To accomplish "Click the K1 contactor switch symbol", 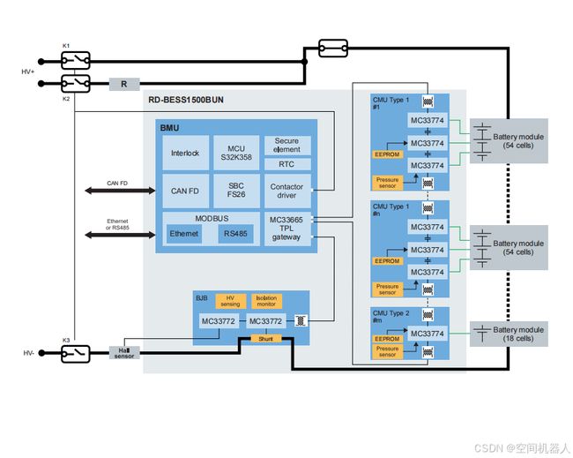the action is pos(75,61).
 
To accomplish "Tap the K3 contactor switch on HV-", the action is pos(75,353).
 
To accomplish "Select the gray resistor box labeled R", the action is pos(124,84).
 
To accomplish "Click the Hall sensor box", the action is pos(124,353).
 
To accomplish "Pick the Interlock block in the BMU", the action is pos(185,153).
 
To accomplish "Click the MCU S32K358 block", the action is pos(236,153).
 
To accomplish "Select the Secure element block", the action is pos(287,146).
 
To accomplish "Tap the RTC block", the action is pos(287,164).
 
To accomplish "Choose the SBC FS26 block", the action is pos(236,191).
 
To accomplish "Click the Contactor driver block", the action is pos(287,191).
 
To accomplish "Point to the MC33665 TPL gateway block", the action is pos(287,229).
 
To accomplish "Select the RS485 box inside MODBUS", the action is pos(235,234).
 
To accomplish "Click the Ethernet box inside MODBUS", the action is pos(184,234).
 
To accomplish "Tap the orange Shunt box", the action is pos(266,339).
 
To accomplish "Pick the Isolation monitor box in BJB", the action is pos(266,301).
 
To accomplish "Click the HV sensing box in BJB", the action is pos(231,301).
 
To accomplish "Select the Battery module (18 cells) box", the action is pos(509,334).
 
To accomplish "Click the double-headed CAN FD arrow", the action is pos(120,191).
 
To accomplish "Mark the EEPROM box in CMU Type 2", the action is pos(387,339).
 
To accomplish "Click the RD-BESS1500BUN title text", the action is pos(186,100).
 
